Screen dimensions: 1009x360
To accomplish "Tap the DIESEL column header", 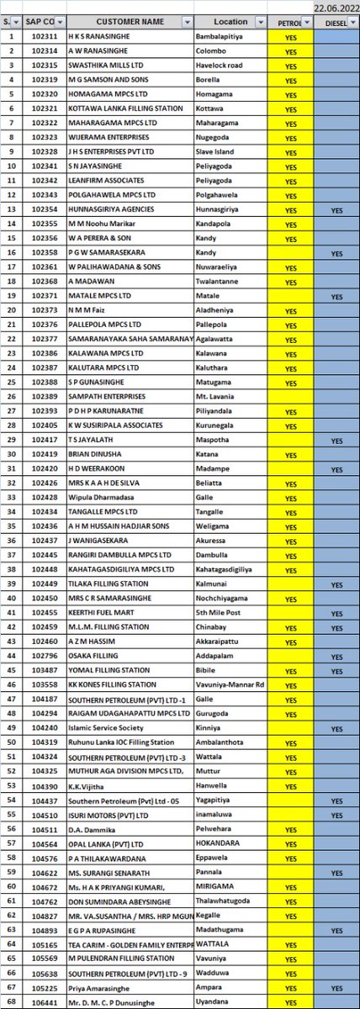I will (x=336, y=22).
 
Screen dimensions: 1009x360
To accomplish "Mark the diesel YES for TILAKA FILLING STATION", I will (x=336, y=584).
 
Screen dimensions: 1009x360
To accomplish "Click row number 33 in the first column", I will (x=9, y=497).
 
